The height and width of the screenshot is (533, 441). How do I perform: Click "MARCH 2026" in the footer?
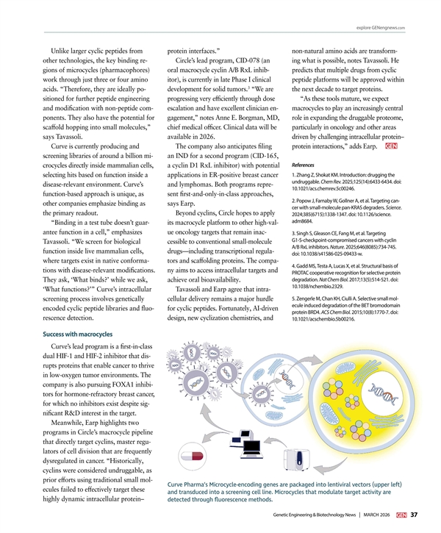pyautogui.click(x=378, y=514)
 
